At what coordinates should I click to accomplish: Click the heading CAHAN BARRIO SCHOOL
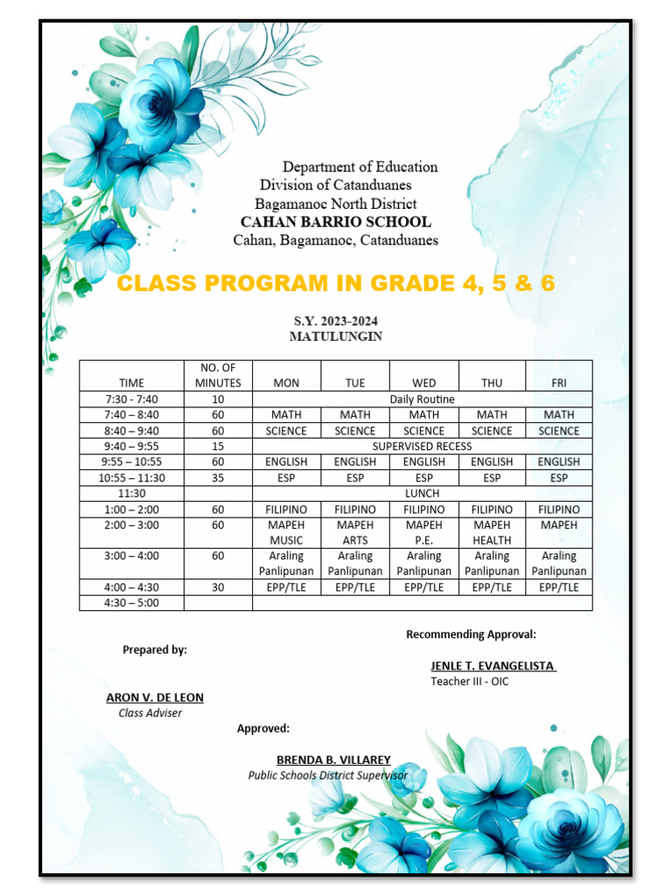(x=335, y=222)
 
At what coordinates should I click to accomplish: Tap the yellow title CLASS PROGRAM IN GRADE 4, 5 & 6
(x=336, y=284)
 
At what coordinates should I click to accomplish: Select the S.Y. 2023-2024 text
(x=336, y=322)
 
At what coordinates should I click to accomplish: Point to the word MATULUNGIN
(x=336, y=336)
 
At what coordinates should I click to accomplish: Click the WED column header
(x=423, y=383)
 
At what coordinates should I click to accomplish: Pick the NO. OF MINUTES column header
(x=218, y=375)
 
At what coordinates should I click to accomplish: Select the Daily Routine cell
(x=422, y=399)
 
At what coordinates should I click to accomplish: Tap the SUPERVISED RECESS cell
(x=422, y=447)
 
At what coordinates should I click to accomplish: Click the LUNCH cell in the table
(x=422, y=494)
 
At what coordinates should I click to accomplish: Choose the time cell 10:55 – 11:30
(x=132, y=478)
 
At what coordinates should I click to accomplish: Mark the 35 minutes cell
(x=218, y=478)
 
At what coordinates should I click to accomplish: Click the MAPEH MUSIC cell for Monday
(x=286, y=533)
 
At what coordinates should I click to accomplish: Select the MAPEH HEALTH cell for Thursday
(x=492, y=533)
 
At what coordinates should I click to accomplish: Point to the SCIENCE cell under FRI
(x=558, y=431)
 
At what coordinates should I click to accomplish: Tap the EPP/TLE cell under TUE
(x=355, y=587)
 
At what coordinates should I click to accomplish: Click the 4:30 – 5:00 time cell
(x=132, y=603)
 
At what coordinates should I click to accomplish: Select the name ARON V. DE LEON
(x=155, y=697)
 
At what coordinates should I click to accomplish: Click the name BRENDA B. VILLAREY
(x=333, y=760)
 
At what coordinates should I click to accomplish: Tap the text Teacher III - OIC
(x=469, y=682)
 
